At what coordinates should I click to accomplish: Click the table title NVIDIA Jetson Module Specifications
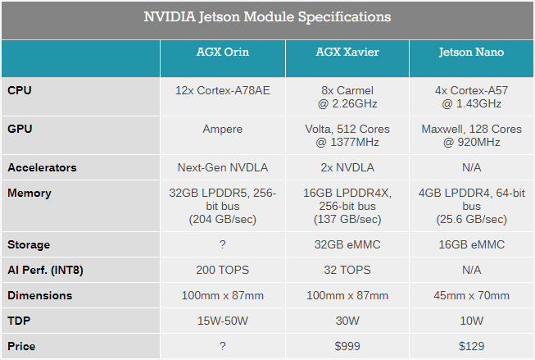click(267, 16)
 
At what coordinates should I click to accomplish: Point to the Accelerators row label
click(42, 167)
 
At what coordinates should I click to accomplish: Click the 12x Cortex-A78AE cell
click(222, 89)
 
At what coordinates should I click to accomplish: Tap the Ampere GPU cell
click(222, 129)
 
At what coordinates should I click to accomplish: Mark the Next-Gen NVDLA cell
click(222, 167)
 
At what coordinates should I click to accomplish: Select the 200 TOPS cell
click(222, 270)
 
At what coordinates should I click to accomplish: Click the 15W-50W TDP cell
click(222, 321)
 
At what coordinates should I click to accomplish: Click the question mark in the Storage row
click(222, 244)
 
